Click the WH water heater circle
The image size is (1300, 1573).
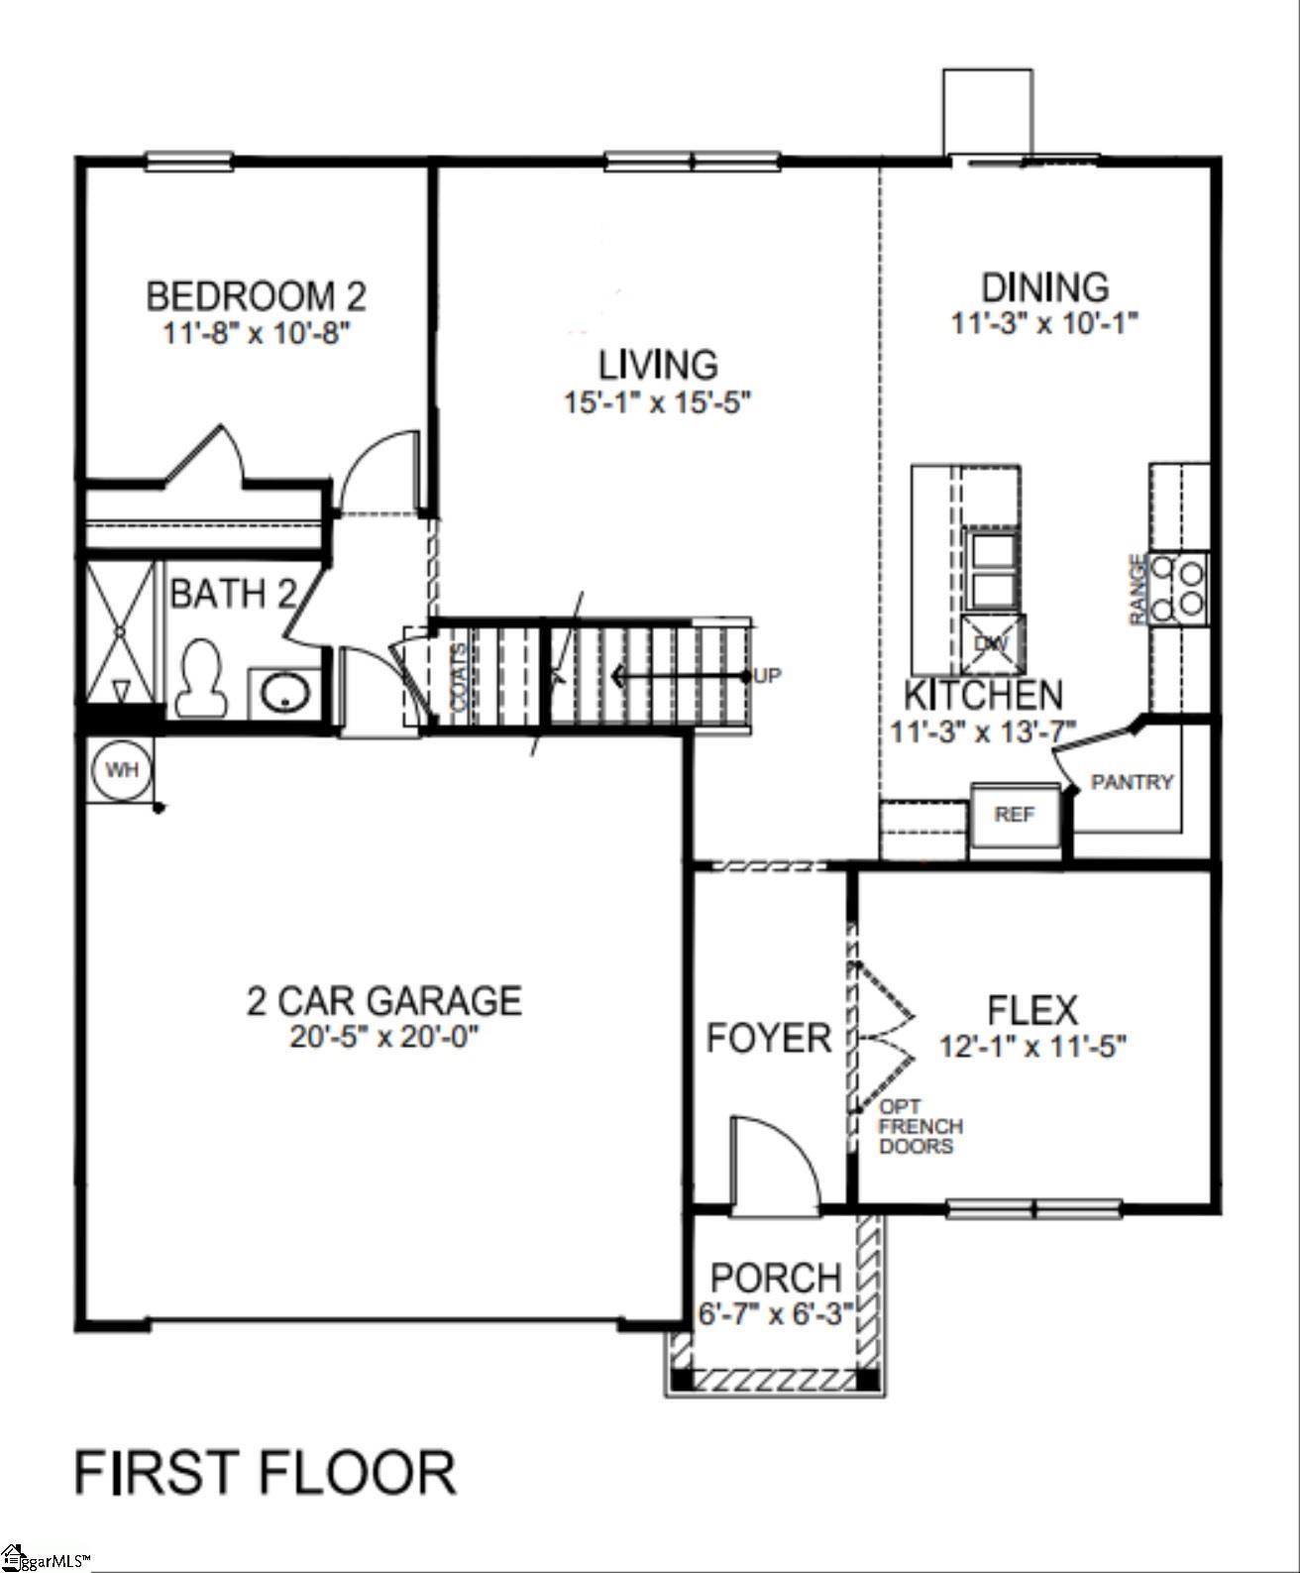(x=122, y=769)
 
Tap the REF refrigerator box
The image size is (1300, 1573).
(x=1015, y=815)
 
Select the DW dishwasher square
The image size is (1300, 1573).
(x=992, y=643)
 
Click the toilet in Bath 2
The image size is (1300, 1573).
(x=199, y=680)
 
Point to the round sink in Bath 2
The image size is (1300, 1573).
(x=285, y=692)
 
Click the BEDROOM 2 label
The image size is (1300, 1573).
(x=256, y=295)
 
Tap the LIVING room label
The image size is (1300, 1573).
(x=658, y=365)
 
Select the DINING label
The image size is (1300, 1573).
(x=1044, y=287)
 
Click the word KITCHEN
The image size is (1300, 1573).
(x=983, y=695)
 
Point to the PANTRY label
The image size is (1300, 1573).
(x=1132, y=782)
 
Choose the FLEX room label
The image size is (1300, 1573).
(x=1032, y=1010)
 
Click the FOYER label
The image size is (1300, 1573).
(x=768, y=1038)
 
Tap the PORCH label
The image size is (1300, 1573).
(x=776, y=1278)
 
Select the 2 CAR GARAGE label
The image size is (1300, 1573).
(x=384, y=1000)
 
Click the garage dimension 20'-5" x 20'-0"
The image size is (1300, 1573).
(x=384, y=1038)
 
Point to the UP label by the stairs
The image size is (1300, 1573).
(x=767, y=676)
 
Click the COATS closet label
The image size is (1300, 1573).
(x=460, y=676)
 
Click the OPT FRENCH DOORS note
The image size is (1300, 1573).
(x=921, y=1126)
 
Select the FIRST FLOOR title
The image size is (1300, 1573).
(x=265, y=1472)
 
